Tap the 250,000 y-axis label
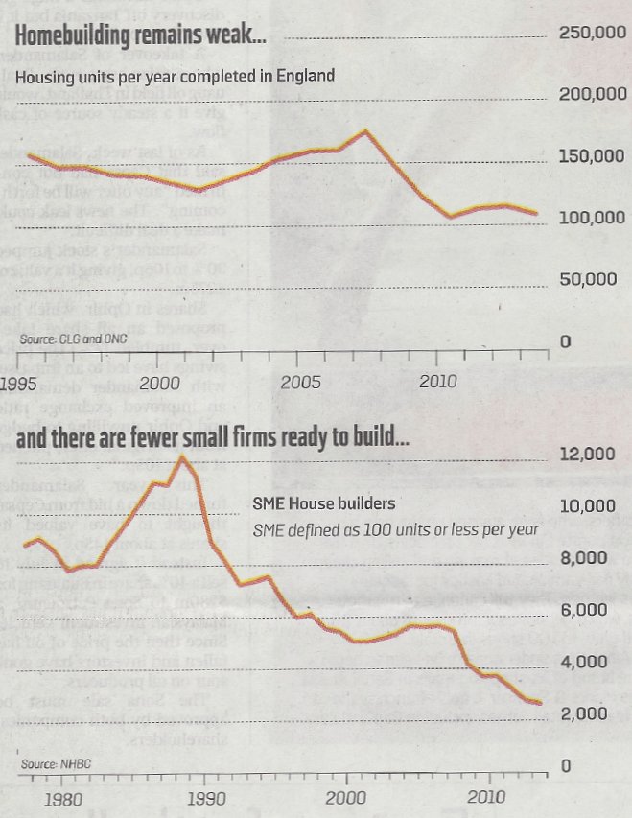click(592, 34)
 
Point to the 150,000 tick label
click(592, 156)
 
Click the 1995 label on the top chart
click(19, 384)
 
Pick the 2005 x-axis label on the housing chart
click(300, 382)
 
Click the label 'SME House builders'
click(324, 502)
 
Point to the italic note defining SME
click(393, 529)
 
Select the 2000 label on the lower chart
click(344, 798)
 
